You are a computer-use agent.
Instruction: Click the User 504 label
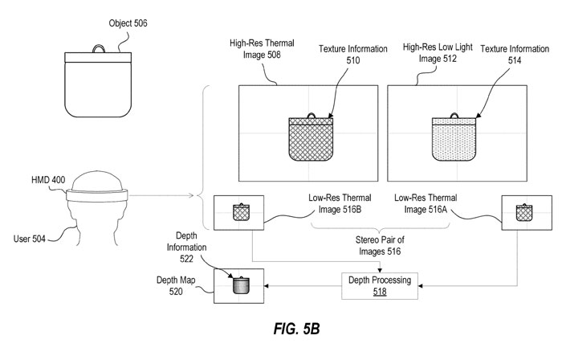coord(33,238)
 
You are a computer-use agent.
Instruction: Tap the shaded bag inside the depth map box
coord(242,285)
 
